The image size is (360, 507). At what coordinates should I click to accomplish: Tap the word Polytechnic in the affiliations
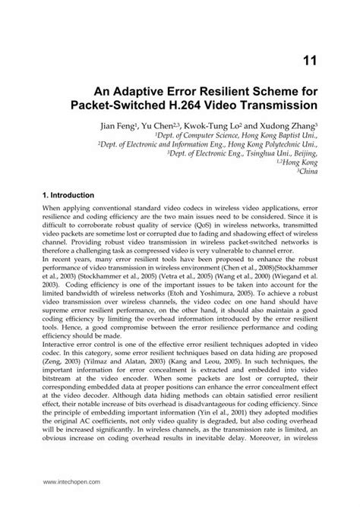[x=274, y=143]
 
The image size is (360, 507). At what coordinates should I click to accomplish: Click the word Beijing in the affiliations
[x=304, y=153]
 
